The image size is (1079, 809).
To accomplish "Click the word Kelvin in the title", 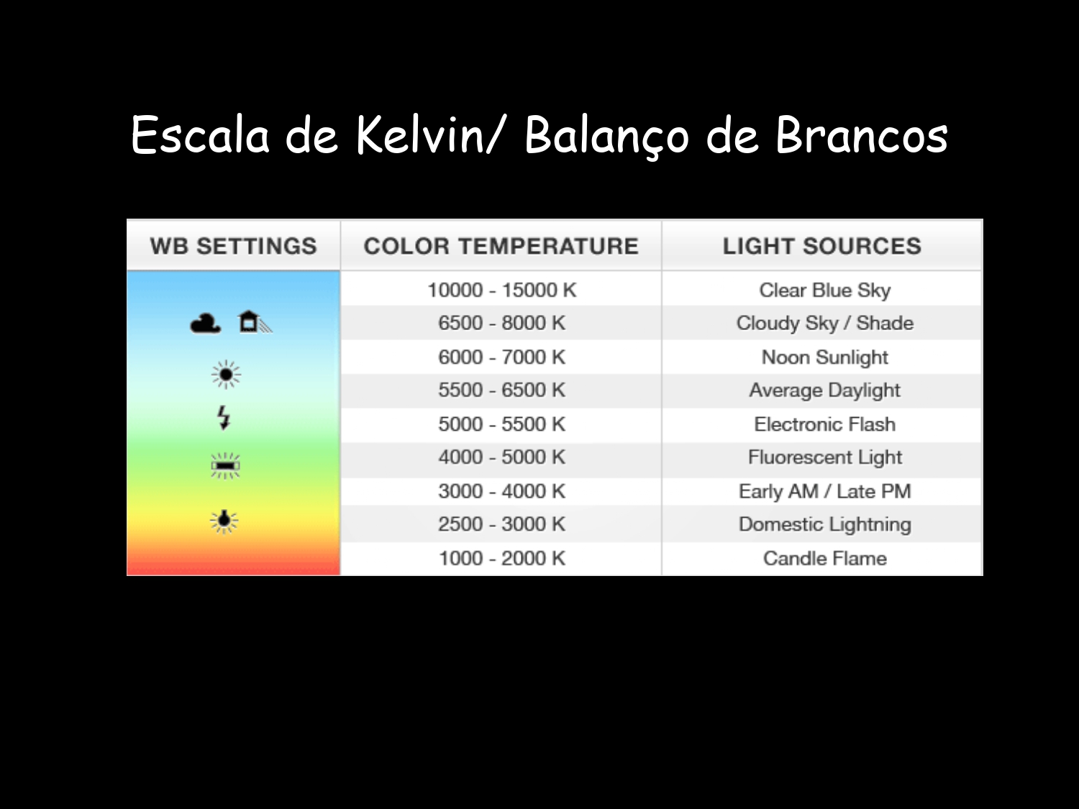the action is tap(421, 135).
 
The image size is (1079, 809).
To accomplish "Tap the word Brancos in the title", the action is tap(861, 135).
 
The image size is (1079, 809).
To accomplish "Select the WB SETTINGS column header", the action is tap(234, 246).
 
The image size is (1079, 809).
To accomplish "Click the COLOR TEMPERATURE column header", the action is tap(501, 246).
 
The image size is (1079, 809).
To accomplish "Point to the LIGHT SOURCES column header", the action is tap(822, 246).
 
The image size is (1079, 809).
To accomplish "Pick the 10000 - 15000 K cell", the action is tap(502, 290).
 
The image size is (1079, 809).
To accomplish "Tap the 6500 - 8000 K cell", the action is tap(502, 323).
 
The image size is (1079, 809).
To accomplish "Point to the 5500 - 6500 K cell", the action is tap(502, 390).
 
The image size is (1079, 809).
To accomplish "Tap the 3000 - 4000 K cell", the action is tap(502, 491).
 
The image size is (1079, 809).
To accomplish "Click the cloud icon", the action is tap(206, 324).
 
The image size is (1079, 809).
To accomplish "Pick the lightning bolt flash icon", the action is tap(224, 418).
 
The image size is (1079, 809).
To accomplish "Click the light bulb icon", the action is tap(224, 521).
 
